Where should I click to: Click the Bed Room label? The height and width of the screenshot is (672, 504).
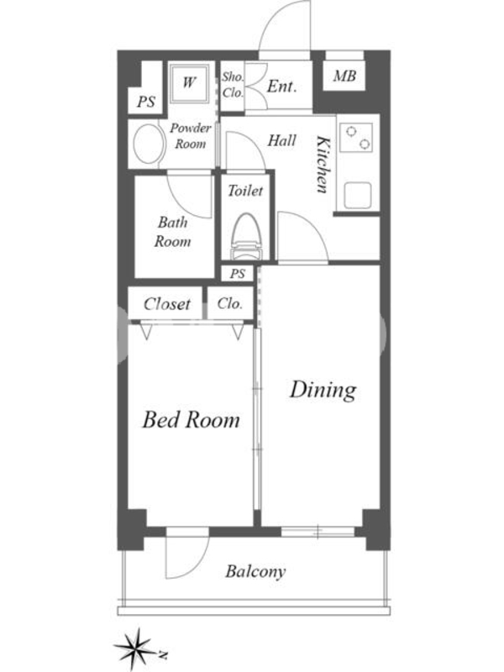coord(192,419)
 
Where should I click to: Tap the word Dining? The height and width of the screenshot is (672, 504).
coord(323,390)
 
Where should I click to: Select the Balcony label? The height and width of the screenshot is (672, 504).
coord(255,572)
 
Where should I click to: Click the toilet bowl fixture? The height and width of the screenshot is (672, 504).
coord(245,237)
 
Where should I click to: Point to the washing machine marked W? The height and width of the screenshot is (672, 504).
coord(190,83)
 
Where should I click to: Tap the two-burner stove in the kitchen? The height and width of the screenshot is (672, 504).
coord(356,137)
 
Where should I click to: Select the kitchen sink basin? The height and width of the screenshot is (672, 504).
coord(357,195)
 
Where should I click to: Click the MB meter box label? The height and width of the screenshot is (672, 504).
coord(344,76)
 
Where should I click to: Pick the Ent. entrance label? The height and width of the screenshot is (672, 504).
coord(281,87)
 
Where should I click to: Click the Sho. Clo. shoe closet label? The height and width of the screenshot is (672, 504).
coord(233,85)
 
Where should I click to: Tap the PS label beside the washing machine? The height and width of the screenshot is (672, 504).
coord(145,102)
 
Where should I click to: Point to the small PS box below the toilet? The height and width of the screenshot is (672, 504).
coord(238,274)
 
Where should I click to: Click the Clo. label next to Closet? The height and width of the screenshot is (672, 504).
coord(229,304)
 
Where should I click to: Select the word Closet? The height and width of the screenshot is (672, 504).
coord(166,304)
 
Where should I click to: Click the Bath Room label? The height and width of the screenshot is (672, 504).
coord(173,232)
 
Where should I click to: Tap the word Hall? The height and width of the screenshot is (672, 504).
coord(281,140)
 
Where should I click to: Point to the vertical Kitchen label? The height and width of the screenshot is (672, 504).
coord(323,165)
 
